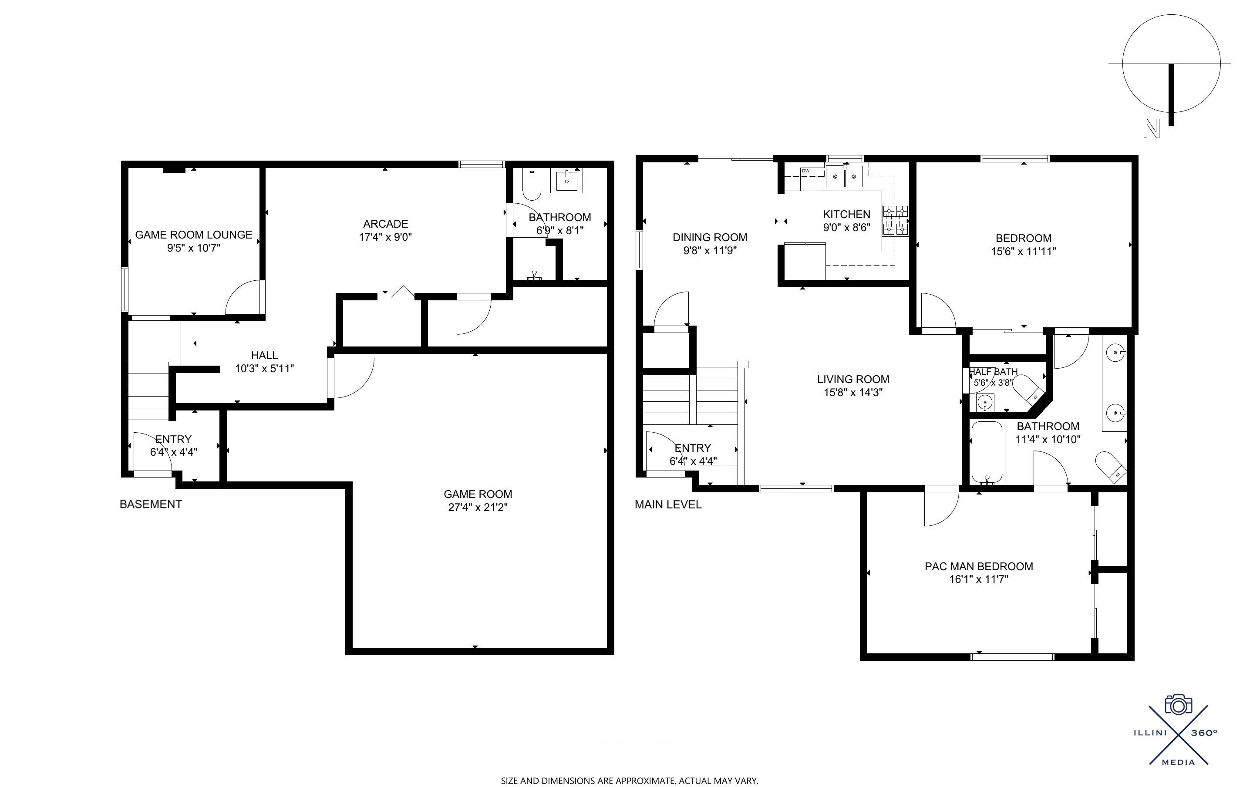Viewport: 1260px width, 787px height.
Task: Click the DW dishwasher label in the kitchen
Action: pyautogui.click(x=805, y=171)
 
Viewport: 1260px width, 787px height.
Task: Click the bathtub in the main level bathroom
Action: pyautogui.click(x=986, y=452)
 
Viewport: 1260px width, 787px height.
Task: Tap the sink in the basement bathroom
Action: pyautogui.click(x=566, y=180)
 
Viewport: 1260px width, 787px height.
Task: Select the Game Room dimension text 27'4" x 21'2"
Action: pyautogui.click(x=478, y=507)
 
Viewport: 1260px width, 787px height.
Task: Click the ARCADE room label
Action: pyautogui.click(x=386, y=224)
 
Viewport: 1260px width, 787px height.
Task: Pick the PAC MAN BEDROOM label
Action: pyautogui.click(x=979, y=566)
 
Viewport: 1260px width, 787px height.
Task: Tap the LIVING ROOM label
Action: pyautogui.click(x=853, y=380)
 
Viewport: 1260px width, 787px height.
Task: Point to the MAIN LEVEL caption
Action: pyautogui.click(x=668, y=504)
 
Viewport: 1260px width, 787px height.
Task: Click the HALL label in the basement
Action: pyautogui.click(x=264, y=356)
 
